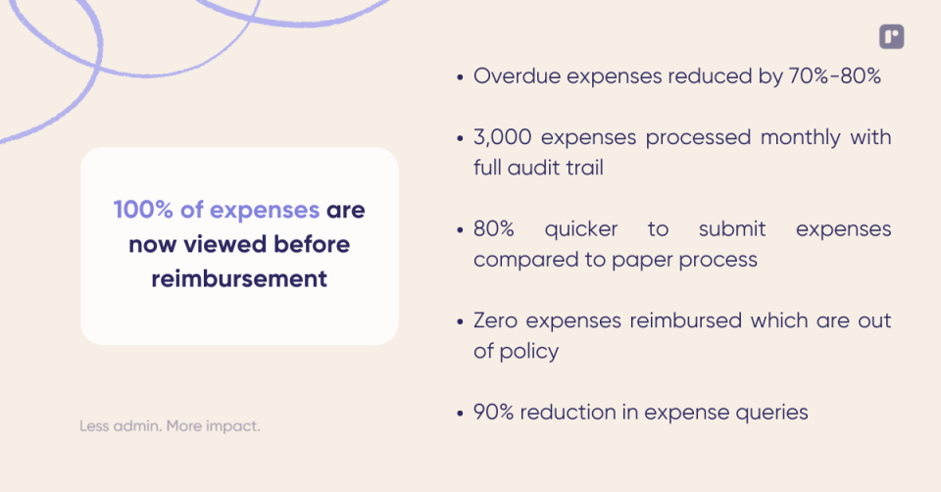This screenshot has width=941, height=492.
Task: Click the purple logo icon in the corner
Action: (x=891, y=37)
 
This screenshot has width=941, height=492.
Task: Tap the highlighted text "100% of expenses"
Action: (x=217, y=210)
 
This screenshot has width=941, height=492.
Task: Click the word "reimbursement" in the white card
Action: (x=239, y=278)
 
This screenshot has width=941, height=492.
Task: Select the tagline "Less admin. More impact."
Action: (x=170, y=426)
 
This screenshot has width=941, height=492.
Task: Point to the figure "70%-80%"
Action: (x=834, y=76)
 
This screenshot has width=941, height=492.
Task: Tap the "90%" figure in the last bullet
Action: (x=494, y=412)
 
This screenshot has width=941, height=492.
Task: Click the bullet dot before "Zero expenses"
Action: (x=460, y=321)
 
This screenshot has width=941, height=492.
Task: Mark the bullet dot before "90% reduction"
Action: (x=460, y=413)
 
